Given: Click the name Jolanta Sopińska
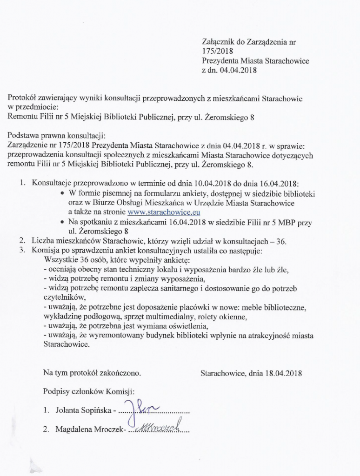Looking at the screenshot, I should tap(81, 411).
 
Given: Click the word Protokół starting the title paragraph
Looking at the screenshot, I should tap(23, 98).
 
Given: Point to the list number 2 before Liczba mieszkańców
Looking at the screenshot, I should tap(22, 241).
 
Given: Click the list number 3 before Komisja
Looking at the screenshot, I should tap(22, 251).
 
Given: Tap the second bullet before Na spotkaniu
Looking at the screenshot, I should tap(62, 222).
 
